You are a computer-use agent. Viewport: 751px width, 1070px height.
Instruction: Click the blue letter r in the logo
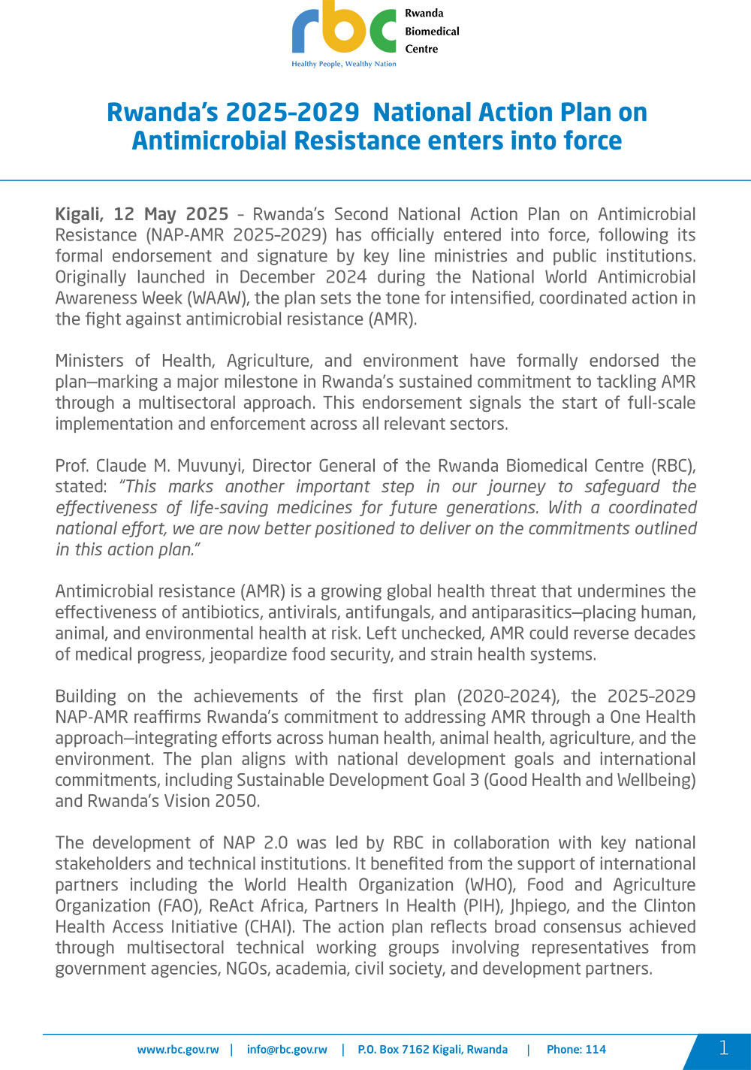(x=306, y=32)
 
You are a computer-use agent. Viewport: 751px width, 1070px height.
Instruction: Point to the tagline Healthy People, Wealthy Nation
(x=344, y=65)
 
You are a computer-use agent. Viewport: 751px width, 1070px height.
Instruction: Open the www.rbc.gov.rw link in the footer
(x=178, y=1050)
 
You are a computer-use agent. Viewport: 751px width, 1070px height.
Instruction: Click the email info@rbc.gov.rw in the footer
(x=287, y=1050)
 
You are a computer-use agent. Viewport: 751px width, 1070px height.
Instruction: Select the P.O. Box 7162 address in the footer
(x=433, y=1050)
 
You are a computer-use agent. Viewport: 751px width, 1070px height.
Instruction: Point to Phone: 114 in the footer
(x=576, y=1050)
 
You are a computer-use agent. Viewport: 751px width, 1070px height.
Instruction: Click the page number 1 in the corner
(x=723, y=1048)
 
